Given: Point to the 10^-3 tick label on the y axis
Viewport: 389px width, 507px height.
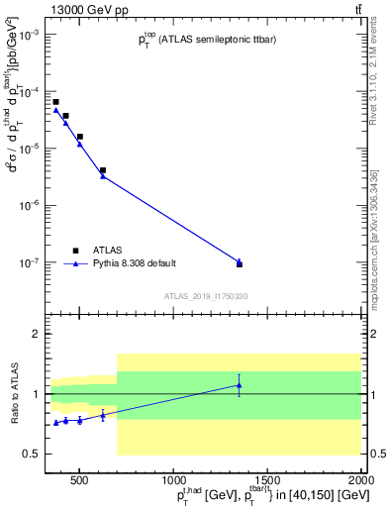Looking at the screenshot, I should click(x=28, y=35).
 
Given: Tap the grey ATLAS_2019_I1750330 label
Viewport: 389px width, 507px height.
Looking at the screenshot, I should click(x=206, y=296).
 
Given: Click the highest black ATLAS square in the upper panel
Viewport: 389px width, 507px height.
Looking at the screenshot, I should click(x=56, y=102).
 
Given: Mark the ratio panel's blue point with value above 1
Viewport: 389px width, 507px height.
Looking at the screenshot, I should click(x=239, y=385).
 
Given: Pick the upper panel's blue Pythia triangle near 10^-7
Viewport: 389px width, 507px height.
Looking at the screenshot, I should click(x=239, y=261).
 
